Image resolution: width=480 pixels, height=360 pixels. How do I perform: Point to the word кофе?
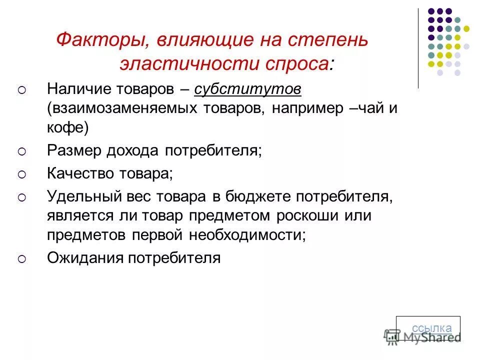click(x=67, y=128)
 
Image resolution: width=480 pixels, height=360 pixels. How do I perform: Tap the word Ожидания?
click(x=84, y=258)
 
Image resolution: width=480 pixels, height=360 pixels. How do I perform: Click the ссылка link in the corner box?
click(x=431, y=328)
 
